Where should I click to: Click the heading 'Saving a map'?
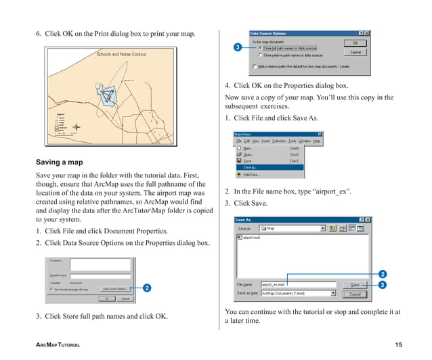(x=60, y=162)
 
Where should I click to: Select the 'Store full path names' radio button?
(x=259, y=48)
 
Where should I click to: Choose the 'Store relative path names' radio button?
(x=259, y=55)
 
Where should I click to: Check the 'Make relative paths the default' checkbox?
(x=255, y=67)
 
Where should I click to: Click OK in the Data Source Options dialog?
(x=355, y=43)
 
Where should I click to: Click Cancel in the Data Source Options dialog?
(x=355, y=52)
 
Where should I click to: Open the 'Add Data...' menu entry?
(x=253, y=174)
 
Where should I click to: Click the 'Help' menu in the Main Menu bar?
(x=317, y=141)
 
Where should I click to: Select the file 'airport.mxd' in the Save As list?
(x=252, y=238)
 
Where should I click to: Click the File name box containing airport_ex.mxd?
(x=298, y=285)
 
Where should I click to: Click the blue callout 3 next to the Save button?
(x=383, y=285)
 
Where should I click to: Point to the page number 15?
(x=398, y=346)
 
